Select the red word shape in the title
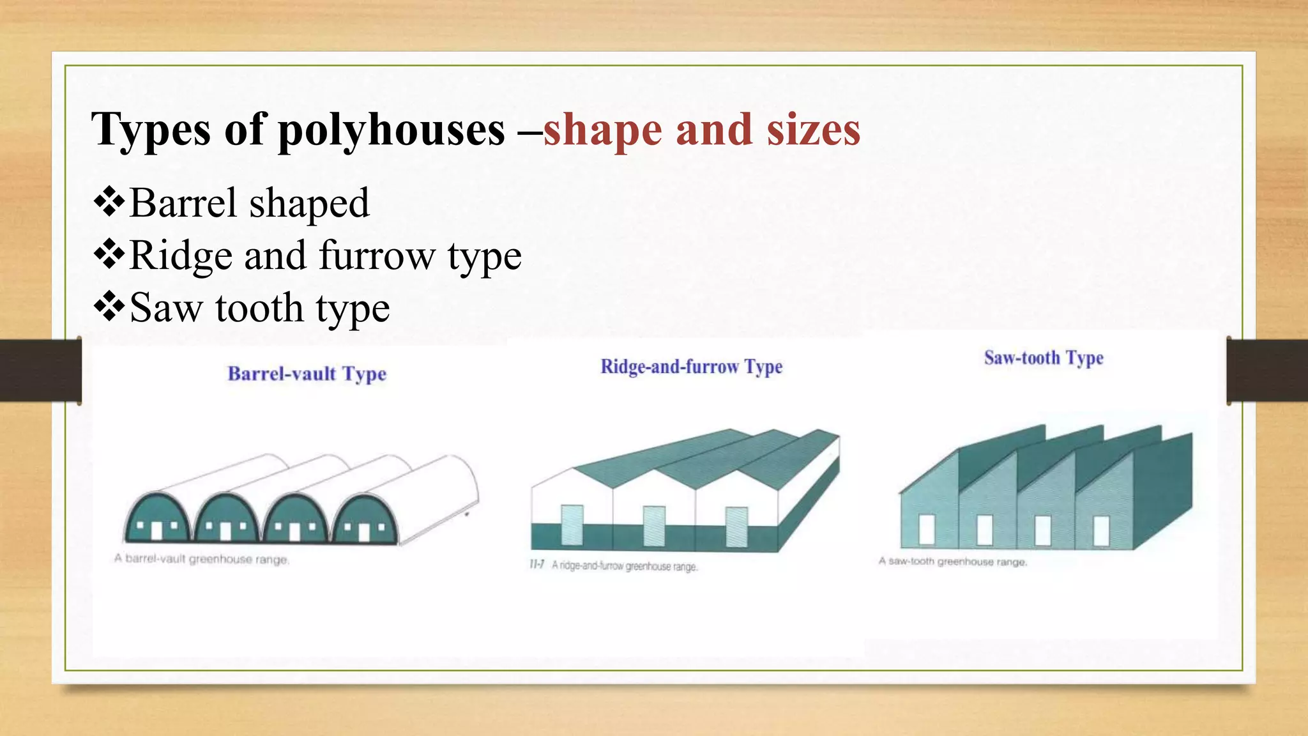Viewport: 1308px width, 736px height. (x=604, y=131)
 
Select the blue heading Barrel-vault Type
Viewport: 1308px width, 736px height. (x=307, y=374)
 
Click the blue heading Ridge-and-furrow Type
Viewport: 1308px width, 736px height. (x=691, y=367)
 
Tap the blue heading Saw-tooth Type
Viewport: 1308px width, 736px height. (x=1044, y=358)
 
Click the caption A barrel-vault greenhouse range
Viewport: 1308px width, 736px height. (x=202, y=559)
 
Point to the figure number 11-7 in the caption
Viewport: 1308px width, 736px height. (x=536, y=565)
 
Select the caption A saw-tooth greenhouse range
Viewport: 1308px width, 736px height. (x=953, y=562)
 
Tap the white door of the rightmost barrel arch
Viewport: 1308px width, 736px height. (x=364, y=532)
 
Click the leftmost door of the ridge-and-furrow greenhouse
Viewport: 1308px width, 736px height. (x=572, y=525)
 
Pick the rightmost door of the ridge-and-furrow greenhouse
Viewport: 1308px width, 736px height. (x=737, y=526)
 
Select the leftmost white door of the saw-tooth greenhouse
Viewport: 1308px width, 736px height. (x=926, y=530)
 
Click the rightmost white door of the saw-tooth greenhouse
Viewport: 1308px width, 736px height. (x=1101, y=530)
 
